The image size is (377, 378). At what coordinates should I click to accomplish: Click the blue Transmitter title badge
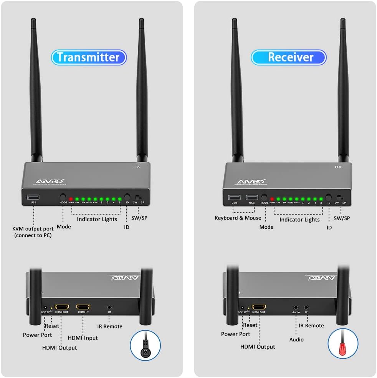click(89, 57)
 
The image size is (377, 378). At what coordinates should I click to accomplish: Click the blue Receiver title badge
click(289, 57)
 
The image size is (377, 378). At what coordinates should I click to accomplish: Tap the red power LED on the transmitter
click(71, 199)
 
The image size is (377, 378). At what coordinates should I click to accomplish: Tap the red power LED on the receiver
click(272, 199)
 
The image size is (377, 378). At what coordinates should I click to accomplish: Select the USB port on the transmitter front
click(33, 197)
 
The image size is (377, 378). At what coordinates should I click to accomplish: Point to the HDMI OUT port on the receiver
click(259, 307)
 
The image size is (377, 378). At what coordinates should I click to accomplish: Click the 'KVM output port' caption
click(33, 232)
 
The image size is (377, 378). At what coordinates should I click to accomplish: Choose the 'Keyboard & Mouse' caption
click(238, 218)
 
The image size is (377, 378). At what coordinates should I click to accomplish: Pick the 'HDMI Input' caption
click(83, 338)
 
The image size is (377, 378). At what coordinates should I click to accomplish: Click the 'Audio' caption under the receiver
click(296, 339)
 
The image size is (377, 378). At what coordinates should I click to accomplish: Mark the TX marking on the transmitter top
click(136, 167)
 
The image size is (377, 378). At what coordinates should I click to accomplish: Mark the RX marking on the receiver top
click(338, 167)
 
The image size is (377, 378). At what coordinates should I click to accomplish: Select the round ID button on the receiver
click(328, 196)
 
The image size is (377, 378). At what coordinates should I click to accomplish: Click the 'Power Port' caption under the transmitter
click(37, 335)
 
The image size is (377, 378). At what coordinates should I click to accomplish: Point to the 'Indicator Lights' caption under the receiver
click(299, 220)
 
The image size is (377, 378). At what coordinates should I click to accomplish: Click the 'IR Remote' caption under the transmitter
click(110, 326)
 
